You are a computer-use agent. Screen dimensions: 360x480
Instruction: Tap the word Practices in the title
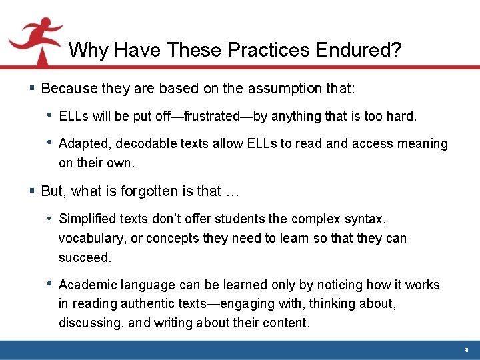(267, 50)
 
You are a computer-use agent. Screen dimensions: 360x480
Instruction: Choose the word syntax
(367, 219)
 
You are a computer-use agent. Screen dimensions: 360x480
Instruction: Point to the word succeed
(83, 257)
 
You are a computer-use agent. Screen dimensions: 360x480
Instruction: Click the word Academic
(88, 285)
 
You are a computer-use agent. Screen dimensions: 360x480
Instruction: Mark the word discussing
(89, 323)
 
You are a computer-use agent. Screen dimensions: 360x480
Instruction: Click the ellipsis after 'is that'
(231, 191)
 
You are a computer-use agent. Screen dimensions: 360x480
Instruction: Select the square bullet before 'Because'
(33, 88)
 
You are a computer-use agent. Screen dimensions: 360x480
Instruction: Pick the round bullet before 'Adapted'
(50, 143)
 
